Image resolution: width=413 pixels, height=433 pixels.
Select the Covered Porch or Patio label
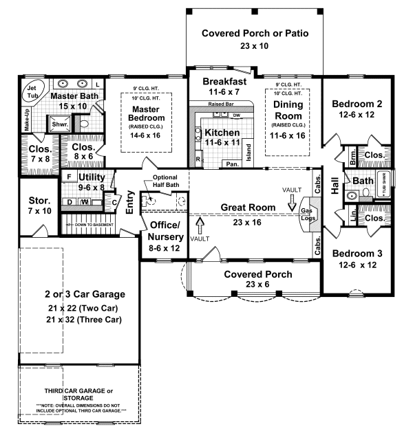(x=255, y=33)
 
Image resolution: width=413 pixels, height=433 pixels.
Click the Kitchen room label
(x=222, y=133)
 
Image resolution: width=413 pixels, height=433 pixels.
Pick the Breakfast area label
(x=222, y=81)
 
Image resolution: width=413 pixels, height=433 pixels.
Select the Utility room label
(x=90, y=177)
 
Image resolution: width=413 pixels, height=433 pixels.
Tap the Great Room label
(x=248, y=207)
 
